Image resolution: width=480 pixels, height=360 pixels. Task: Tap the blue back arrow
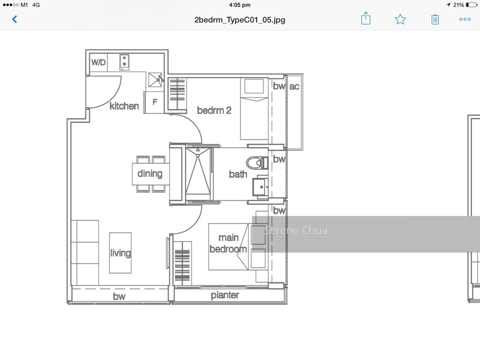(15, 19)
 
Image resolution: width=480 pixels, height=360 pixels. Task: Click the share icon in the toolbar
(366, 18)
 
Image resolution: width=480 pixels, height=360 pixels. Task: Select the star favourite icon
(400, 19)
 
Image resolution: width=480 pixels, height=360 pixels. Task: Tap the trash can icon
(435, 19)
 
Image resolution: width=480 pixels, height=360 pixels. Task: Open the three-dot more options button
(465, 19)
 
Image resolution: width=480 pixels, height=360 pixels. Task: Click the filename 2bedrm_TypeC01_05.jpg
(240, 20)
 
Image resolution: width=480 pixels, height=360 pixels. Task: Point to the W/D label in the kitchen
(98, 62)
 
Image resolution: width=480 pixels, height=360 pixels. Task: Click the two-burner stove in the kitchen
(124, 62)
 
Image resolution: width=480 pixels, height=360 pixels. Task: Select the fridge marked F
(155, 102)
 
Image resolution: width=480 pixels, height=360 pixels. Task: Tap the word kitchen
(124, 106)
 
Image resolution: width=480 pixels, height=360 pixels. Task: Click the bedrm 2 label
(214, 110)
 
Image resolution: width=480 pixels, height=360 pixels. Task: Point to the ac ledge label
(294, 86)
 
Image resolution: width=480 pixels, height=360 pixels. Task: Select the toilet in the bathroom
(256, 163)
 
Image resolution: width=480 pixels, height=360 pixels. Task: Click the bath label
(238, 174)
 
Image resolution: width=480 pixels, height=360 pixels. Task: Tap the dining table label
(150, 173)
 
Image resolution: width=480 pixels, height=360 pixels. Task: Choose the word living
(120, 253)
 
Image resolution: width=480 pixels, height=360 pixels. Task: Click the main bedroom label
(228, 243)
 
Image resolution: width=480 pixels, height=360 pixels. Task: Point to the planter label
(225, 295)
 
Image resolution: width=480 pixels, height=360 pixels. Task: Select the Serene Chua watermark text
(295, 230)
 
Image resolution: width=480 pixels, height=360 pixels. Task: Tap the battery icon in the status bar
(472, 5)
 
